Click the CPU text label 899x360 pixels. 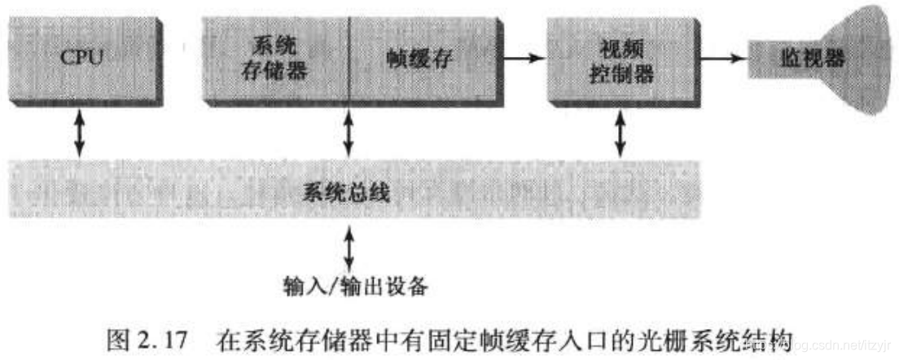(81, 59)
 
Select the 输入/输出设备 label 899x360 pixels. (356, 286)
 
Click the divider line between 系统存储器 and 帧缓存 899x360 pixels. (349, 61)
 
